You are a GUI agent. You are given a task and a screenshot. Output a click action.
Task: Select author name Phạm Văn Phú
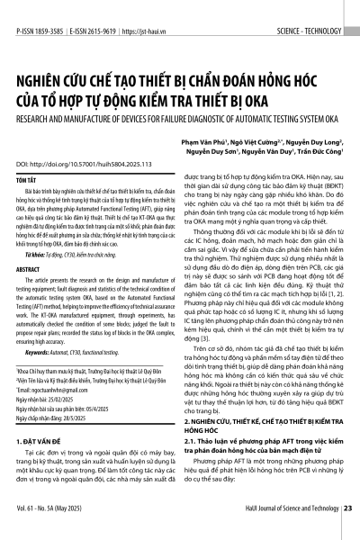click(x=227, y=141)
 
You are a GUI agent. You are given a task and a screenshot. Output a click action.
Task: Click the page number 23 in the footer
click(x=347, y=534)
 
